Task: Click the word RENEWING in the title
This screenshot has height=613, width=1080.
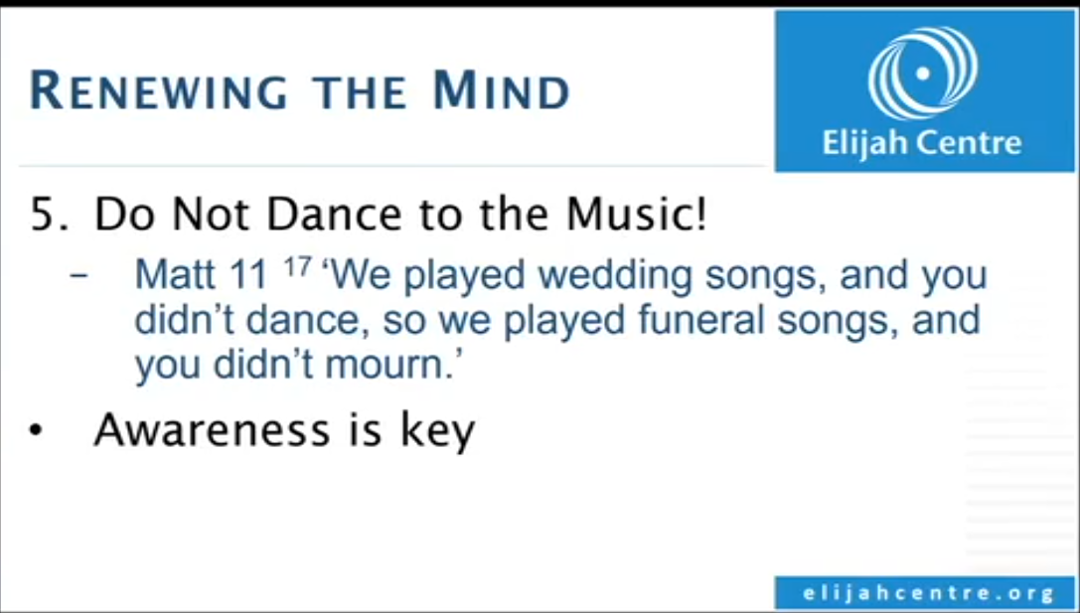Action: click(159, 91)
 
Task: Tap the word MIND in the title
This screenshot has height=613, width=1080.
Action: click(502, 91)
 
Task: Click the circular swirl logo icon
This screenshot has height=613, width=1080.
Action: click(923, 73)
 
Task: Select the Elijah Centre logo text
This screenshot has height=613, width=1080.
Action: click(922, 143)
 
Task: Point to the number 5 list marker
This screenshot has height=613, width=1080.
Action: click(46, 215)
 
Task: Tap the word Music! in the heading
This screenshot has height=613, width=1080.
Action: click(637, 215)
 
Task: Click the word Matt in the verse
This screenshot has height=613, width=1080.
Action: click(167, 275)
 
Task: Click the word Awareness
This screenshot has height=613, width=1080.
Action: click(213, 430)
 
